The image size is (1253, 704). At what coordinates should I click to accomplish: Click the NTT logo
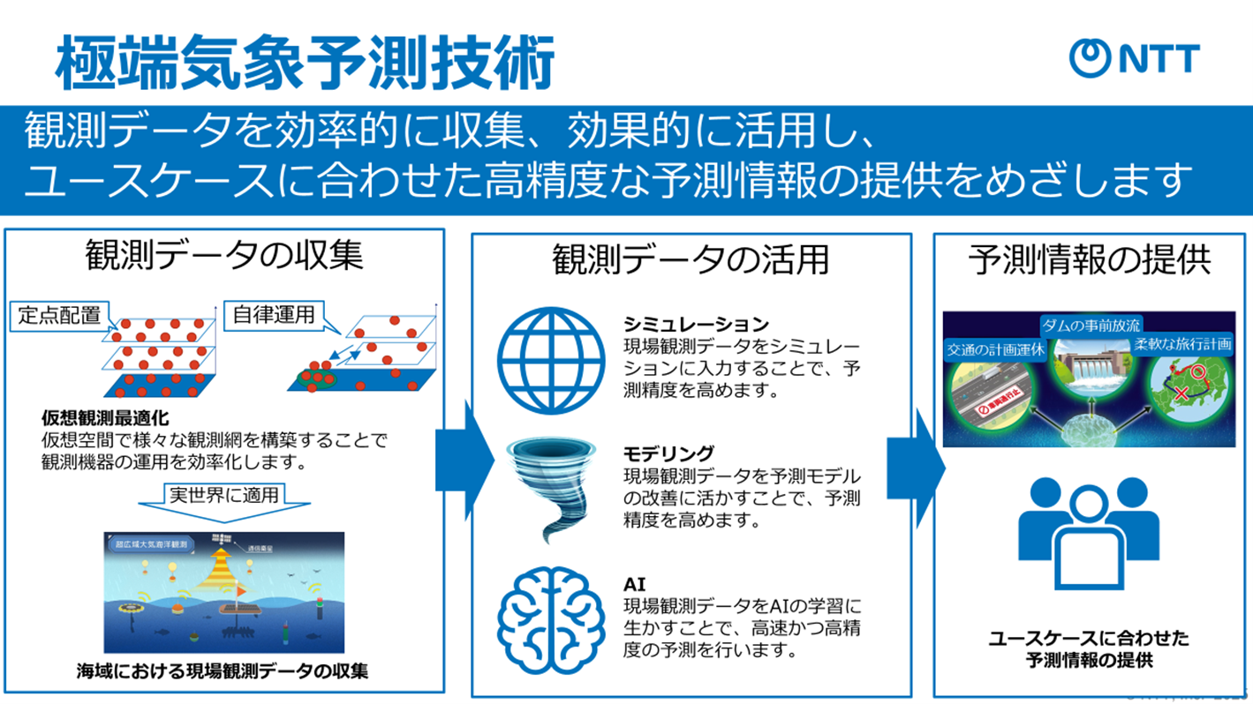coord(1134,58)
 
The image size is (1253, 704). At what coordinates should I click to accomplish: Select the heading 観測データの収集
coord(224,257)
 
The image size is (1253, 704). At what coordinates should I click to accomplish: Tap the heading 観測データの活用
coord(691,260)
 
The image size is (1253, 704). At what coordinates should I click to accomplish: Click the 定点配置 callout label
coord(60,316)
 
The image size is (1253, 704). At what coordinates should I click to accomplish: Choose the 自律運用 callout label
coord(274,315)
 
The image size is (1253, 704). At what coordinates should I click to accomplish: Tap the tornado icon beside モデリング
coord(554,489)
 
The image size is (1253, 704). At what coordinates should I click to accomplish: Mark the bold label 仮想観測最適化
coord(104,417)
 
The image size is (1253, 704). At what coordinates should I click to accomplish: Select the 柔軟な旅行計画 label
coord(1182,344)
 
